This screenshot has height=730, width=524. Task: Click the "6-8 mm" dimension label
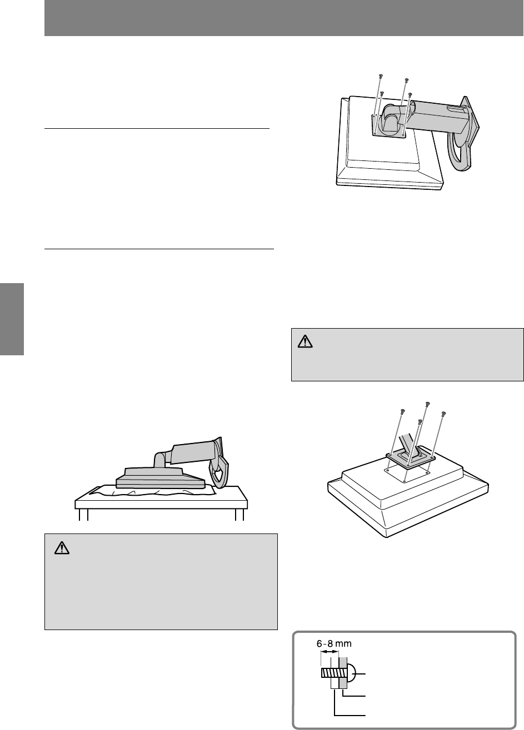(334, 643)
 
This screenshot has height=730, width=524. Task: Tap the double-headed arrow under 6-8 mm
(330, 652)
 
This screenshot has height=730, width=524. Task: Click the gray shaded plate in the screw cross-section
(343, 672)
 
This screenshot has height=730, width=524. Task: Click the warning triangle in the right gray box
(305, 341)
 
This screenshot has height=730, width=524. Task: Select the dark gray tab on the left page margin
(12, 319)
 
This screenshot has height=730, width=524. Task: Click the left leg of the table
(83, 514)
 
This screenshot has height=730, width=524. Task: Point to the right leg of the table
(239, 514)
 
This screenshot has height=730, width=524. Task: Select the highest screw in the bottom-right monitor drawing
(427, 404)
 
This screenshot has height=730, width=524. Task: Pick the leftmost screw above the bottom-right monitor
(402, 411)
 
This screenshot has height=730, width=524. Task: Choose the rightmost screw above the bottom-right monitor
(443, 414)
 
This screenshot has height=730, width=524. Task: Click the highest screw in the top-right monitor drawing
(381, 76)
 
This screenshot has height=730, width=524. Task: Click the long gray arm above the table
(193, 452)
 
